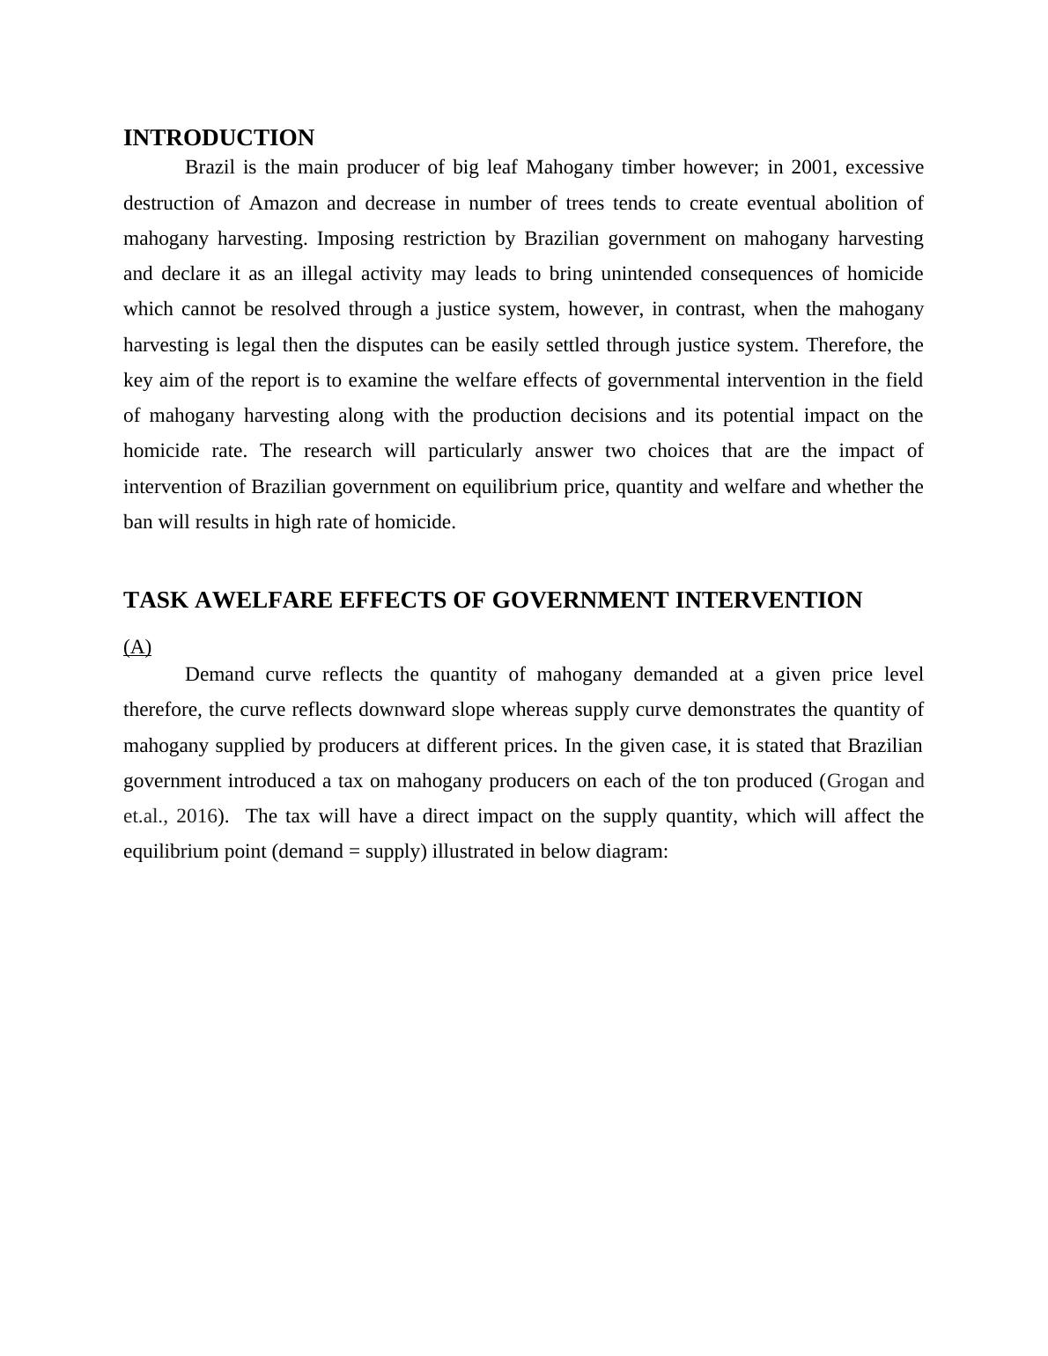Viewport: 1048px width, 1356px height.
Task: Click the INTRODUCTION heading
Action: pos(218,138)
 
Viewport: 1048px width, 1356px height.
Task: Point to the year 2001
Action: pos(809,167)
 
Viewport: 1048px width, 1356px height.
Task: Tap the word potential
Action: pos(752,416)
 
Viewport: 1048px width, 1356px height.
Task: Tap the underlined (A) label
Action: pos(137,648)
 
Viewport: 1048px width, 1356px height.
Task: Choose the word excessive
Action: pos(884,167)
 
